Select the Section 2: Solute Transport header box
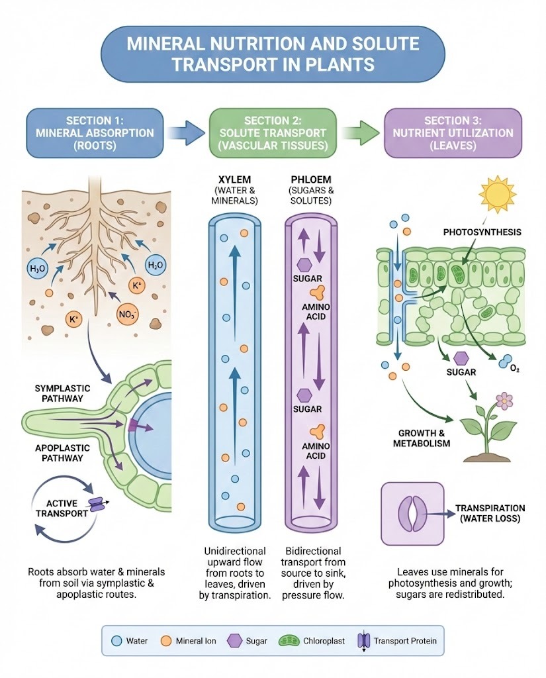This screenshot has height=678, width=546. [x=273, y=132]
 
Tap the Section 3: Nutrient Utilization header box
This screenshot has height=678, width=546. [x=453, y=132]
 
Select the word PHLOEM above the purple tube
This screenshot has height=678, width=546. [x=312, y=180]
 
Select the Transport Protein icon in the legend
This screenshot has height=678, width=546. [x=363, y=641]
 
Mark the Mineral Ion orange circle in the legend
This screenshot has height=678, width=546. [x=167, y=641]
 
